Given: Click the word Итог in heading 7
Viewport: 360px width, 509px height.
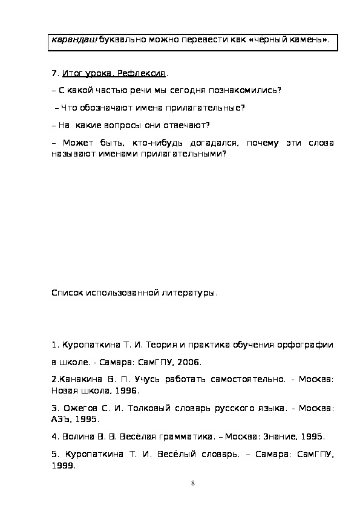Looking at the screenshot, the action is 71,73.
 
